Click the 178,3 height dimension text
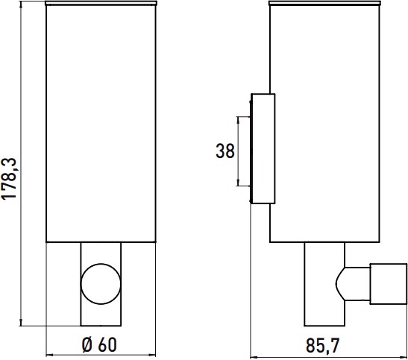[x=10, y=178]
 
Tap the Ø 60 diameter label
[x=99, y=345]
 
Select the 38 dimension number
[x=225, y=151]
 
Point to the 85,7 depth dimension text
[x=323, y=346]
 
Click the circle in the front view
[x=101, y=284]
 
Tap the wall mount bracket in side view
[x=263, y=148]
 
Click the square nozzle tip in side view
[x=388, y=284]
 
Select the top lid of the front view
[x=101, y=3]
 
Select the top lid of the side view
[x=324, y=3]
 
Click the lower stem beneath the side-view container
[x=324, y=284]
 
